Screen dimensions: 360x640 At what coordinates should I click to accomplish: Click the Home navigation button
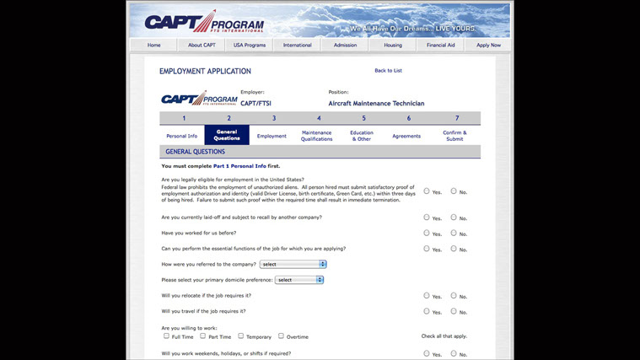tap(153, 45)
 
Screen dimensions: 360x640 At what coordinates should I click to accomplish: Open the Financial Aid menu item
tap(440, 45)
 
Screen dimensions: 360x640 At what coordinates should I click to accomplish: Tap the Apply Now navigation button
tap(488, 45)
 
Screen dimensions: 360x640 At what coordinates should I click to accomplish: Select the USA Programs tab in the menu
tap(250, 45)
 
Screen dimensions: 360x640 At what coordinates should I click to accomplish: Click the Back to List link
tap(388, 71)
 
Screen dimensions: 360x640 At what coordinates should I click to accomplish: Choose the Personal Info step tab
tap(182, 136)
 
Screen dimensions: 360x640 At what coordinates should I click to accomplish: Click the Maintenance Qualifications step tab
tap(317, 136)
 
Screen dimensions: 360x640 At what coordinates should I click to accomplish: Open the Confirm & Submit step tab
tap(454, 136)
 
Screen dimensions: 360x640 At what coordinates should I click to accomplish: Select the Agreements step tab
tap(406, 136)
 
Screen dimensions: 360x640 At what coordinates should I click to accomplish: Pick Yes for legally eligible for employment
tap(427, 191)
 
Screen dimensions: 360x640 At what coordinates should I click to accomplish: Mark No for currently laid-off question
tap(454, 218)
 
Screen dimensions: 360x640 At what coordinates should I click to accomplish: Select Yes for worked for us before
tap(427, 233)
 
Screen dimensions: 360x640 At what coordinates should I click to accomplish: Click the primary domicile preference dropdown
tap(299, 280)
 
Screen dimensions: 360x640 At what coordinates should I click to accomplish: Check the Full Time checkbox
tap(167, 336)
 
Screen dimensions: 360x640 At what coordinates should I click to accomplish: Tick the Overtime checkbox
tap(281, 336)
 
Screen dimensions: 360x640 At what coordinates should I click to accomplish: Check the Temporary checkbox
tap(241, 336)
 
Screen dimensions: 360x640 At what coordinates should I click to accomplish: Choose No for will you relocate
tap(454, 296)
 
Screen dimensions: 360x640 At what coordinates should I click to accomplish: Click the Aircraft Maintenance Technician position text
tap(376, 104)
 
